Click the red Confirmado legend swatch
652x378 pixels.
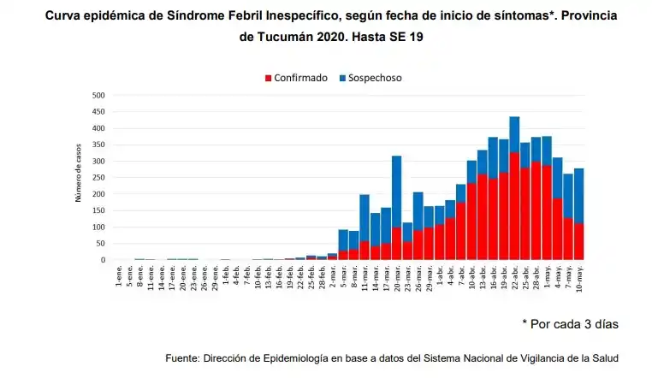tap(268, 78)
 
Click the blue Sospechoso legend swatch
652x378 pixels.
tap(343, 78)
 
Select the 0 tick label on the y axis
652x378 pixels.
tap(102, 260)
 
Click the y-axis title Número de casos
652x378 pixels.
tap(78, 177)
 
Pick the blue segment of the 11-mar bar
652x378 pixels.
tap(365, 217)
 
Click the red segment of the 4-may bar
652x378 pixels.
tap(558, 228)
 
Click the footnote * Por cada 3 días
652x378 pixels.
tap(570, 324)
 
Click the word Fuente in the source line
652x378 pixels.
tap(184, 357)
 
